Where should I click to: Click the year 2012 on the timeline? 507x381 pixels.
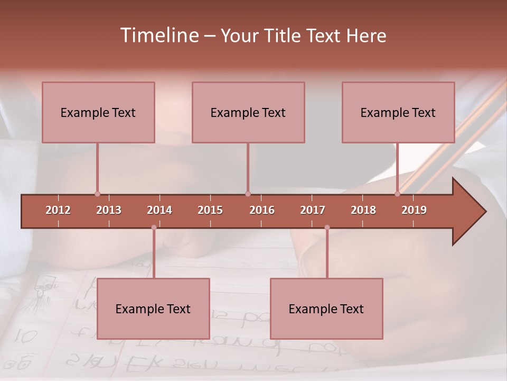(58, 210)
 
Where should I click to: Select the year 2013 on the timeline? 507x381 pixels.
(109, 210)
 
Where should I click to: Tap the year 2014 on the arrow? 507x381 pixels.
(159, 210)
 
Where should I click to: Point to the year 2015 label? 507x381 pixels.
(210, 210)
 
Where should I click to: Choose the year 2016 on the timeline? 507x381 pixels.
(262, 210)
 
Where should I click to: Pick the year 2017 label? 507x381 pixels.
(313, 210)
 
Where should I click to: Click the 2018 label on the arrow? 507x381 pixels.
(363, 210)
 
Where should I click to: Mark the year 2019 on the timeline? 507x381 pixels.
(414, 210)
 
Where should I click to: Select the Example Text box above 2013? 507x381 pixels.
(98, 112)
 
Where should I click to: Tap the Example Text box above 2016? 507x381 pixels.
(248, 112)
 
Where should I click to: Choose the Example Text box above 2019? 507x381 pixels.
(398, 112)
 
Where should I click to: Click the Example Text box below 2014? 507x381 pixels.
(153, 309)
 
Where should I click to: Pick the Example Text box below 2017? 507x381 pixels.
(326, 309)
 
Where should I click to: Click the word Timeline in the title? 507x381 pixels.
(158, 35)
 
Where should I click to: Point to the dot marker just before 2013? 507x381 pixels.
(97, 194)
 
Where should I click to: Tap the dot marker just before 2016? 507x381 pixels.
(248, 194)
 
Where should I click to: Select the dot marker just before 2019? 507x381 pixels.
(398, 194)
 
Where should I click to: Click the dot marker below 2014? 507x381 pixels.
(154, 228)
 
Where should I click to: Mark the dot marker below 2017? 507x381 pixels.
(327, 228)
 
